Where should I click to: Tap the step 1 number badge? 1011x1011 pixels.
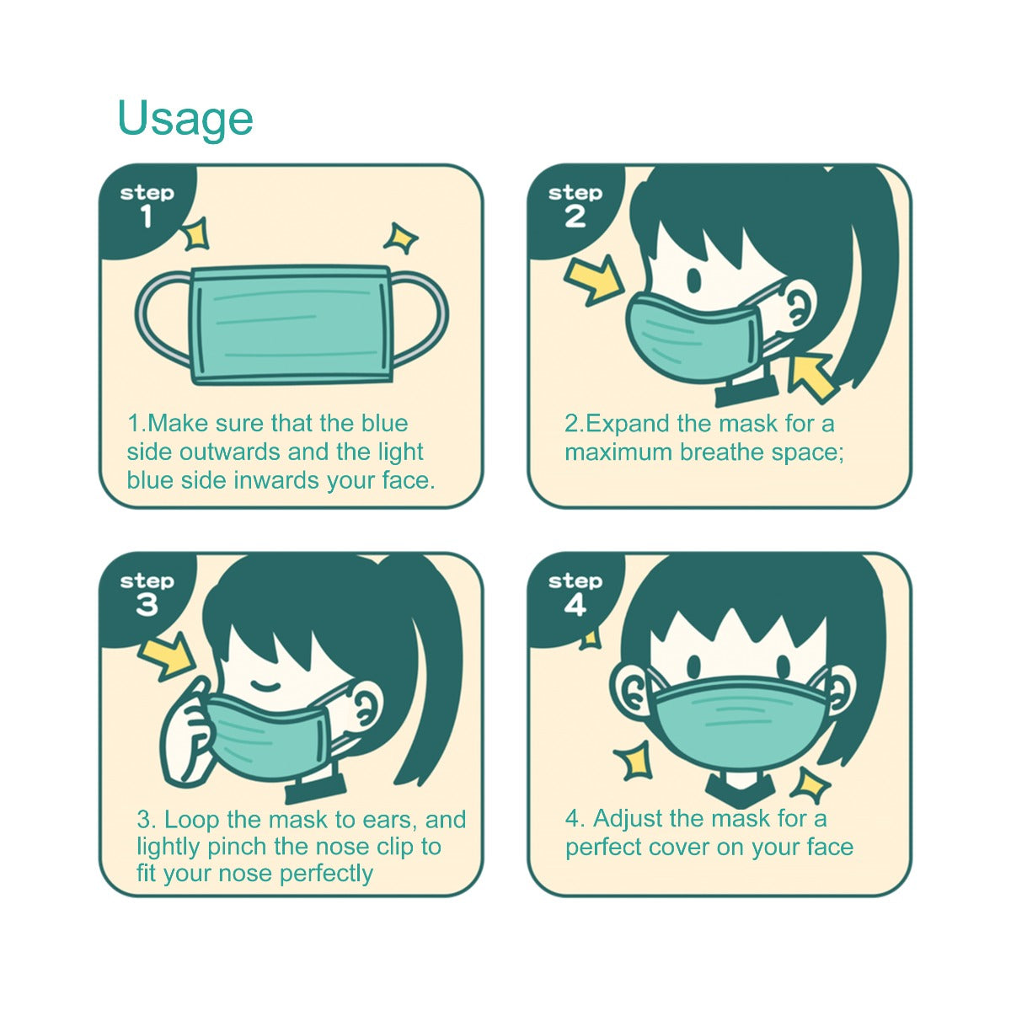tap(147, 217)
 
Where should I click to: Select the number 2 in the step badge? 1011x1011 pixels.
tap(575, 217)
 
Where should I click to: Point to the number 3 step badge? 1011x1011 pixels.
tap(147, 605)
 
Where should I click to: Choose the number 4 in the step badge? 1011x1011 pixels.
tap(575, 605)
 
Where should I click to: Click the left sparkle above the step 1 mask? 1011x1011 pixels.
tap(196, 233)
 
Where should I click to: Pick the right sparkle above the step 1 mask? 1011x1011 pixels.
tap(400, 238)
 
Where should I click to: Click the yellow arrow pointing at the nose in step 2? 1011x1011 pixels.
tap(596, 281)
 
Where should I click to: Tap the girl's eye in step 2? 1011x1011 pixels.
tap(694, 281)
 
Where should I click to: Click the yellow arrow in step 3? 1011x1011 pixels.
tap(168, 655)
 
